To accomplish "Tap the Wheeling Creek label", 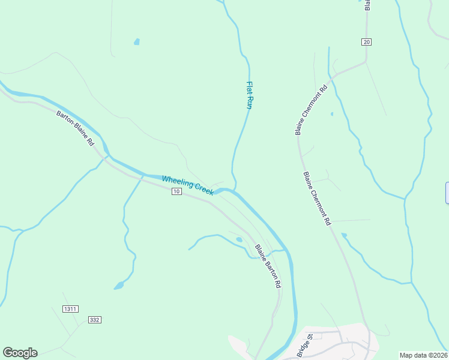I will (x=187, y=185).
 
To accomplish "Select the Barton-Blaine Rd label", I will (x=76, y=128).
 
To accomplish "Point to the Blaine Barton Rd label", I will (x=268, y=266).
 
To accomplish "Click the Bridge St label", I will (x=305, y=347).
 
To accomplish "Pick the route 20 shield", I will (x=367, y=41).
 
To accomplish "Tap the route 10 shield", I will (x=176, y=191).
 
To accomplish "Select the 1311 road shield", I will (x=70, y=309).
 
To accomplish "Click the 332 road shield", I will (x=94, y=320).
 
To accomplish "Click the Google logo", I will (x=20, y=352).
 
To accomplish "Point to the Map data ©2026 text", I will (x=424, y=355).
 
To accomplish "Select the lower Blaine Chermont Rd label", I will (x=317, y=199).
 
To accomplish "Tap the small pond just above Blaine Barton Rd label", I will (x=239, y=239).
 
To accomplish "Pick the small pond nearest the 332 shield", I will (x=119, y=286).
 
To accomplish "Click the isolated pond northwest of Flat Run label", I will (x=137, y=42).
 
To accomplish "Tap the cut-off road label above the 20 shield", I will (x=367, y=5).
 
